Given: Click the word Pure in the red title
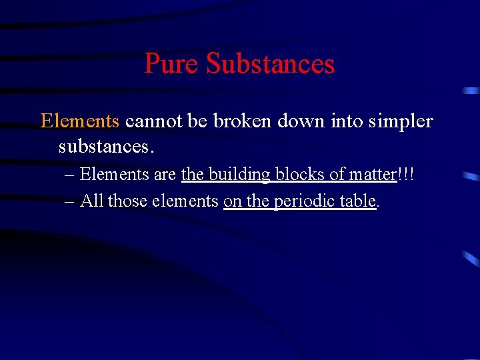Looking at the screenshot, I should tap(172, 64).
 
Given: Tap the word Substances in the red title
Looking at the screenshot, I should tap(270, 64).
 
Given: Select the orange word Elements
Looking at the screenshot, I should tap(80, 121).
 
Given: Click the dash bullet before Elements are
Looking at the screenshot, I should tap(70, 175).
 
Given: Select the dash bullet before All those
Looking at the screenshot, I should tap(70, 201).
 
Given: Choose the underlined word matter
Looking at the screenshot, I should tap(372, 175).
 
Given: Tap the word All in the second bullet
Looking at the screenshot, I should tap(92, 201).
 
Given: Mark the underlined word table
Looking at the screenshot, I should tap(359, 201).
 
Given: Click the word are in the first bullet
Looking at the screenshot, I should tap(165, 175).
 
